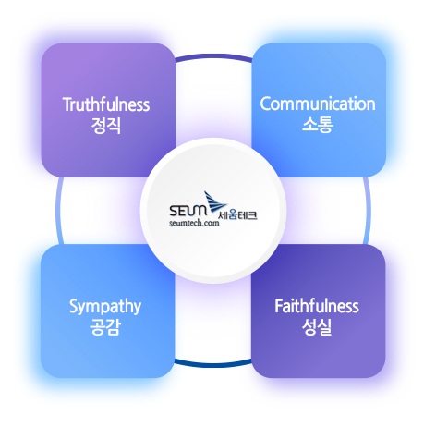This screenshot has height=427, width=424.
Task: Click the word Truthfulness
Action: pos(106,104)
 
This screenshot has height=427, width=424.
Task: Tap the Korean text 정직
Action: pos(106,126)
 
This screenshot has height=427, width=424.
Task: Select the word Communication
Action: pos(318,104)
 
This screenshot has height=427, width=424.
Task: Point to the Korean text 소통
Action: pos(318,125)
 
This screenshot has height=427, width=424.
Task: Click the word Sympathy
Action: pos(105,307)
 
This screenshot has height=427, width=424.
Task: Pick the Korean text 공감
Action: pos(105,327)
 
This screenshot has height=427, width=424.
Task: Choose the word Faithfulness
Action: pos(317,306)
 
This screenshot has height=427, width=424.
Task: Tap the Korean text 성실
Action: pos(317,327)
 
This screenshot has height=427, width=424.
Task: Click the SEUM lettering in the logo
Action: pos(188,211)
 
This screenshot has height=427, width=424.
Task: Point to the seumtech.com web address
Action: pos(194,223)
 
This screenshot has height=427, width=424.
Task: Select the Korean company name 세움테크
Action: pos(237,215)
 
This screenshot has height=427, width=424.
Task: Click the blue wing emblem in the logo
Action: pos(215,202)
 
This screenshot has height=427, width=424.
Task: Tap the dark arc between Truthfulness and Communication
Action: pos(213,56)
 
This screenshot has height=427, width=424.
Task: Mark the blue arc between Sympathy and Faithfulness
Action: pos(213,365)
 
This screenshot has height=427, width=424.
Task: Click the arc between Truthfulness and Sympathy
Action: pos(58,211)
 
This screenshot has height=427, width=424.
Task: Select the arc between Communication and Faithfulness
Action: pos(368,211)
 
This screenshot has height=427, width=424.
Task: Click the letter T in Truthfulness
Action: pos(67,104)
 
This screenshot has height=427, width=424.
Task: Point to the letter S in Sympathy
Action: pos(74,306)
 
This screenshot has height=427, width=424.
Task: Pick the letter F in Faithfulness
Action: pos(279,306)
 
